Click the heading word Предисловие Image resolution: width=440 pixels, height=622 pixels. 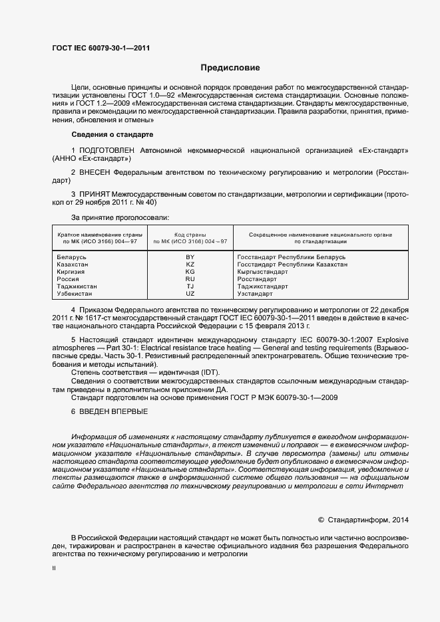231,68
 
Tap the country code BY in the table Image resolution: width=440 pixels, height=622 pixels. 190,257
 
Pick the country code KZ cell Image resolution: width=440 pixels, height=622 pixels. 190,264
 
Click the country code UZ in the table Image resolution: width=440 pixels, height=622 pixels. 190,293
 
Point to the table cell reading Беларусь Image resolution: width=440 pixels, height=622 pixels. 72,257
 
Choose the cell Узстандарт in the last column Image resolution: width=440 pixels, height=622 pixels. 255,293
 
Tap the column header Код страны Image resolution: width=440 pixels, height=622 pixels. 190,235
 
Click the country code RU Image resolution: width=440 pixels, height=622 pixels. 190,278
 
